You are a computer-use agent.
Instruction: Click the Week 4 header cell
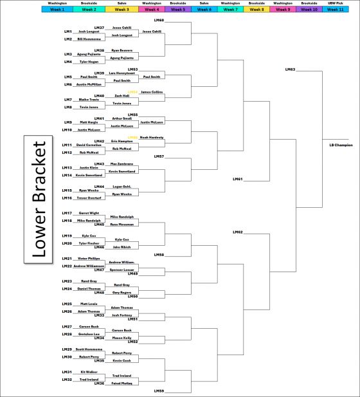pos(151,10)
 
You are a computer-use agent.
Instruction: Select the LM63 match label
pos(290,69)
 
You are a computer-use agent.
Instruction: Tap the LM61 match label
pos(237,179)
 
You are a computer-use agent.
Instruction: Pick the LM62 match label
pos(237,232)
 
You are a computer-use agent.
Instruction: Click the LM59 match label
pos(159,391)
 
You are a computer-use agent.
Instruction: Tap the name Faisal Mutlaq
pos(122,383)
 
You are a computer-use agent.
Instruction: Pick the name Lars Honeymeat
pos(122,73)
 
